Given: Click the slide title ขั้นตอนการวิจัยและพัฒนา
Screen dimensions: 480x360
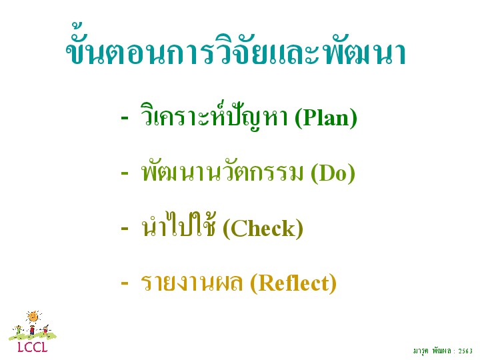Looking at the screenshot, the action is point(236,46).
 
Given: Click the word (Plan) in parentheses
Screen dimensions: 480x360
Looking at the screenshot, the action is point(326,118).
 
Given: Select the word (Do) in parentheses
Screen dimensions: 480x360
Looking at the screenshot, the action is point(333,173).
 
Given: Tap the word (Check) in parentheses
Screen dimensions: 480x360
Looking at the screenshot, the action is point(263,229).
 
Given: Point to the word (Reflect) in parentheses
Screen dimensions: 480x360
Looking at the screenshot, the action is point(293,283).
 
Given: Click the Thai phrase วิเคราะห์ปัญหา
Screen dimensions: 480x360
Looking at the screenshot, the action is point(214,117).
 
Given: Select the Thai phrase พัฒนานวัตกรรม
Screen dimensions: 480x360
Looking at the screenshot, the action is point(221,172).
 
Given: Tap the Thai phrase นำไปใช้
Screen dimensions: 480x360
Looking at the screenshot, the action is point(179,225).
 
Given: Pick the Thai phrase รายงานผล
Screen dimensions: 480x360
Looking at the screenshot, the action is point(191,282).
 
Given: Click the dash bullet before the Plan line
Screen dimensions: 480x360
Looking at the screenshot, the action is point(125,117).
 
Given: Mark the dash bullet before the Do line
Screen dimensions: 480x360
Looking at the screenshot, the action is point(125,173).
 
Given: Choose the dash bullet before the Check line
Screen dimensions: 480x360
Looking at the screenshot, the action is point(125,228).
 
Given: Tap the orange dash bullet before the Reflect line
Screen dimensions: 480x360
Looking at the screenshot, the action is point(125,283).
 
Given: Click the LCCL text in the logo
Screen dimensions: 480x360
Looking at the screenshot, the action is point(33,347).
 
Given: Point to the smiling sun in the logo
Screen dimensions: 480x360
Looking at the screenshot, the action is point(33,317).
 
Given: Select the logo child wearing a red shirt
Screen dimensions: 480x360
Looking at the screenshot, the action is point(32,331).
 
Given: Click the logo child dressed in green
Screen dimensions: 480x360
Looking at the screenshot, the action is point(19,330).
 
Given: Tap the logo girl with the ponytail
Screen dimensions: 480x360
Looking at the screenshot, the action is point(45,330).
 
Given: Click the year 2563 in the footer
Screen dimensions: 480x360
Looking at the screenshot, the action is point(465,351).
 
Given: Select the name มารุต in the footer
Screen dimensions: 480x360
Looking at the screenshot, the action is point(421,351).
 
